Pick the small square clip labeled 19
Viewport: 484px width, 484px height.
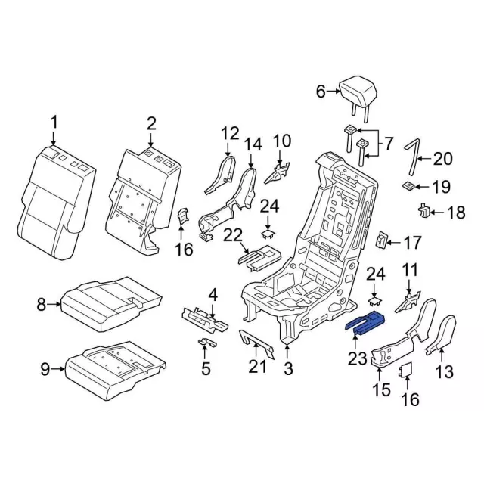coord(408,185)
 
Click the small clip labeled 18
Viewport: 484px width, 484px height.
coord(425,211)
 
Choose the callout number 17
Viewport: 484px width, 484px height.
coord(412,243)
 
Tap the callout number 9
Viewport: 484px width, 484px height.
coord(45,369)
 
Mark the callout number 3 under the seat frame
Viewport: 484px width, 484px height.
coord(288,368)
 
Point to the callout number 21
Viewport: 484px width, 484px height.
coord(259,368)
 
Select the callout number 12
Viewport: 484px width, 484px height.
coord(229,135)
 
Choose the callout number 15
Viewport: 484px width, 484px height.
coord(381,390)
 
